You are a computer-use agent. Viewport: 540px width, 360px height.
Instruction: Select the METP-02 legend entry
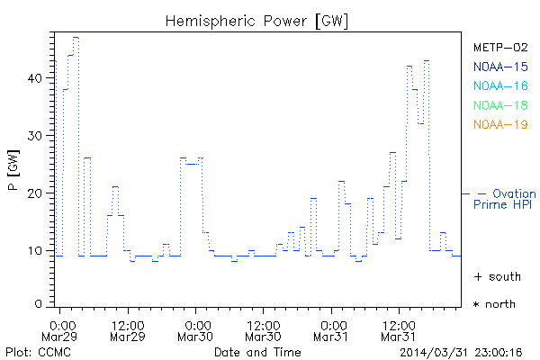(x=499, y=47)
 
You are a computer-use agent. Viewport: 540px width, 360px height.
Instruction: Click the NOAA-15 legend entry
(x=499, y=67)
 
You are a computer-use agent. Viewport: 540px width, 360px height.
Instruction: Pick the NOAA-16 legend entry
(x=499, y=85)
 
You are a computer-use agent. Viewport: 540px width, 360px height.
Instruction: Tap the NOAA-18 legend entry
(x=499, y=105)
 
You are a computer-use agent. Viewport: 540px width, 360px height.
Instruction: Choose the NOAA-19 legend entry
(x=499, y=124)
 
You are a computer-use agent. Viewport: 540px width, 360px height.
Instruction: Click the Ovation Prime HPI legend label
(x=504, y=199)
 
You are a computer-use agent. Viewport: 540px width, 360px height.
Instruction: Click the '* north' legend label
(x=495, y=304)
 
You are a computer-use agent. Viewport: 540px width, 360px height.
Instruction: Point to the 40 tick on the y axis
(x=35, y=77)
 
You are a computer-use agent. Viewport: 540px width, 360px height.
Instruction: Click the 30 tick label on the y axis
(x=35, y=135)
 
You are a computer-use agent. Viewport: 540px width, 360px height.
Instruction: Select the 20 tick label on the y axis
(x=35, y=193)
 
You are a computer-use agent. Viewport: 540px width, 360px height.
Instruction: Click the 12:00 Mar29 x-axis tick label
(x=128, y=330)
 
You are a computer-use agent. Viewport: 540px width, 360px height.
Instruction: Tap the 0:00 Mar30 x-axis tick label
(x=196, y=330)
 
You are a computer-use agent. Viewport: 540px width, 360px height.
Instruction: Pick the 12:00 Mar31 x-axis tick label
(x=398, y=330)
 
